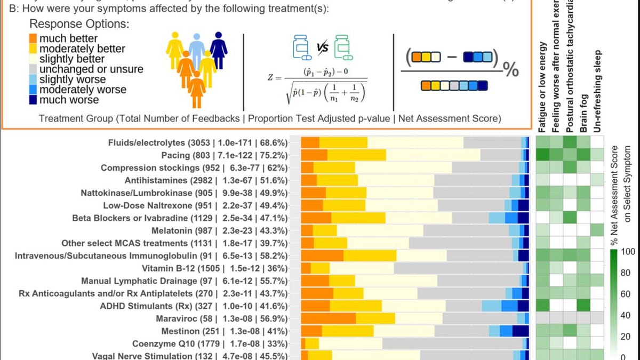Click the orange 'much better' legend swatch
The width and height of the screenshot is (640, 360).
click(33, 38)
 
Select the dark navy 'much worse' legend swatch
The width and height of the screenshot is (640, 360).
click(33, 100)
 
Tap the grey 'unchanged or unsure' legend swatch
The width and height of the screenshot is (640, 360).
click(33, 69)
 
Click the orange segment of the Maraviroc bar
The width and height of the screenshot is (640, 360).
click(329, 318)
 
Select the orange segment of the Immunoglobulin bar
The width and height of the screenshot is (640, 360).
click(322, 255)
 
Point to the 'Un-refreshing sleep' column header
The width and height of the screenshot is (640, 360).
click(597, 91)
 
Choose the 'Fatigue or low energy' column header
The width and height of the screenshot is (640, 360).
click(543, 89)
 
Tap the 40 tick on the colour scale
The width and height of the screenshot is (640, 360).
click(626, 315)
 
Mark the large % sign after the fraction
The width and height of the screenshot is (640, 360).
click(510, 69)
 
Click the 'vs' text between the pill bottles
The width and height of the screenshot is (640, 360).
click(322, 48)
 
